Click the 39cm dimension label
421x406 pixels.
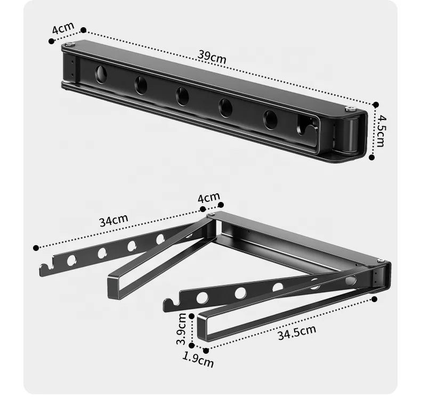click(213, 57)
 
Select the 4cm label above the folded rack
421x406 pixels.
click(62, 28)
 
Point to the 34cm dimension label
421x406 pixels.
click(113, 220)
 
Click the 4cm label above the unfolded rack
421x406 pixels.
click(208, 198)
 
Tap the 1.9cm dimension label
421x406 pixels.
click(198, 360)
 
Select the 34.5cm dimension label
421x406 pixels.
click(296, 332)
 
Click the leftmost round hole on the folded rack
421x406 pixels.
click(100, 74)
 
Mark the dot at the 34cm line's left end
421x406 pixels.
click(36, 248)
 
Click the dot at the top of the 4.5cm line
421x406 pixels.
click(375, 105)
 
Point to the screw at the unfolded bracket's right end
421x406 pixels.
click(382, 261)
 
